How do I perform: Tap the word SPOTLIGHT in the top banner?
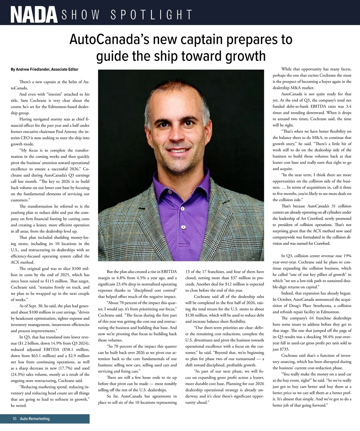151,15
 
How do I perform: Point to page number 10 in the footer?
14,419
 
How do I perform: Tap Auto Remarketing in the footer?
35,419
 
